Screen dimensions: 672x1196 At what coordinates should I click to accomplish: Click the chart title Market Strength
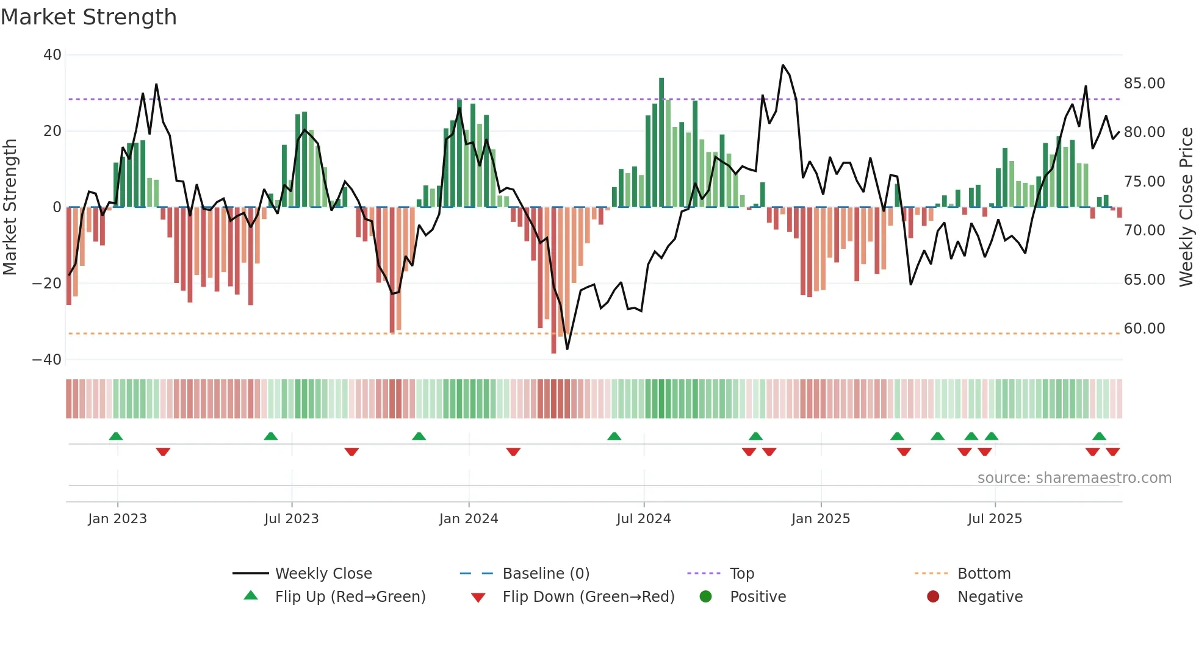pos(88,17)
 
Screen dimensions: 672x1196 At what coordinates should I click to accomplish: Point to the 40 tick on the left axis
pos(52,55)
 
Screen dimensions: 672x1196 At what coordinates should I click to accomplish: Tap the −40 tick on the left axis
pos(48,360)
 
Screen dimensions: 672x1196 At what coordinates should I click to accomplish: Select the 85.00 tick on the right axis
pos(1144,84)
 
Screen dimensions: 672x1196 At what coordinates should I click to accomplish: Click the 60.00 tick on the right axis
pos(1144,329)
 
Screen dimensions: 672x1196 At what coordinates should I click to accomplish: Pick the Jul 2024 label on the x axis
pos(643,519)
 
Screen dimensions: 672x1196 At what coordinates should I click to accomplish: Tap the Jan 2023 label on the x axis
pos(117,519)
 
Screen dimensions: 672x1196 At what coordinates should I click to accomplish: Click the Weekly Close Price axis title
pos(1186,207)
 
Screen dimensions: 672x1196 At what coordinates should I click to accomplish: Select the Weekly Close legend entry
pos(323,574)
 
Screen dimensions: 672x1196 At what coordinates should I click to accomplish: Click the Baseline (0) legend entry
pos(546,574)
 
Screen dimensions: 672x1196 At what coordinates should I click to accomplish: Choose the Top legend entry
pos(741,574)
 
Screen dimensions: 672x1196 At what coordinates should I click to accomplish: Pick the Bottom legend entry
pos(984,574)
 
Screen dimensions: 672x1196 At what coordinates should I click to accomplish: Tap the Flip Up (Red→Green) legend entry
pos(350,597)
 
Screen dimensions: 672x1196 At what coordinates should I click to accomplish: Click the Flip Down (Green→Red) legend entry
pos(588,597)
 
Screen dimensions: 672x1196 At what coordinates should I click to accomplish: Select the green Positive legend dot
pos(705,597)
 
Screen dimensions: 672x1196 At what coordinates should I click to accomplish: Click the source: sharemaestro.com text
pos(1074,478)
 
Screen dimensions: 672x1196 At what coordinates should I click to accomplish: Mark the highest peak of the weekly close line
pos(783,65)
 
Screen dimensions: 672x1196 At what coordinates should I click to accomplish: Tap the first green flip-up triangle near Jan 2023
pos(116,436)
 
